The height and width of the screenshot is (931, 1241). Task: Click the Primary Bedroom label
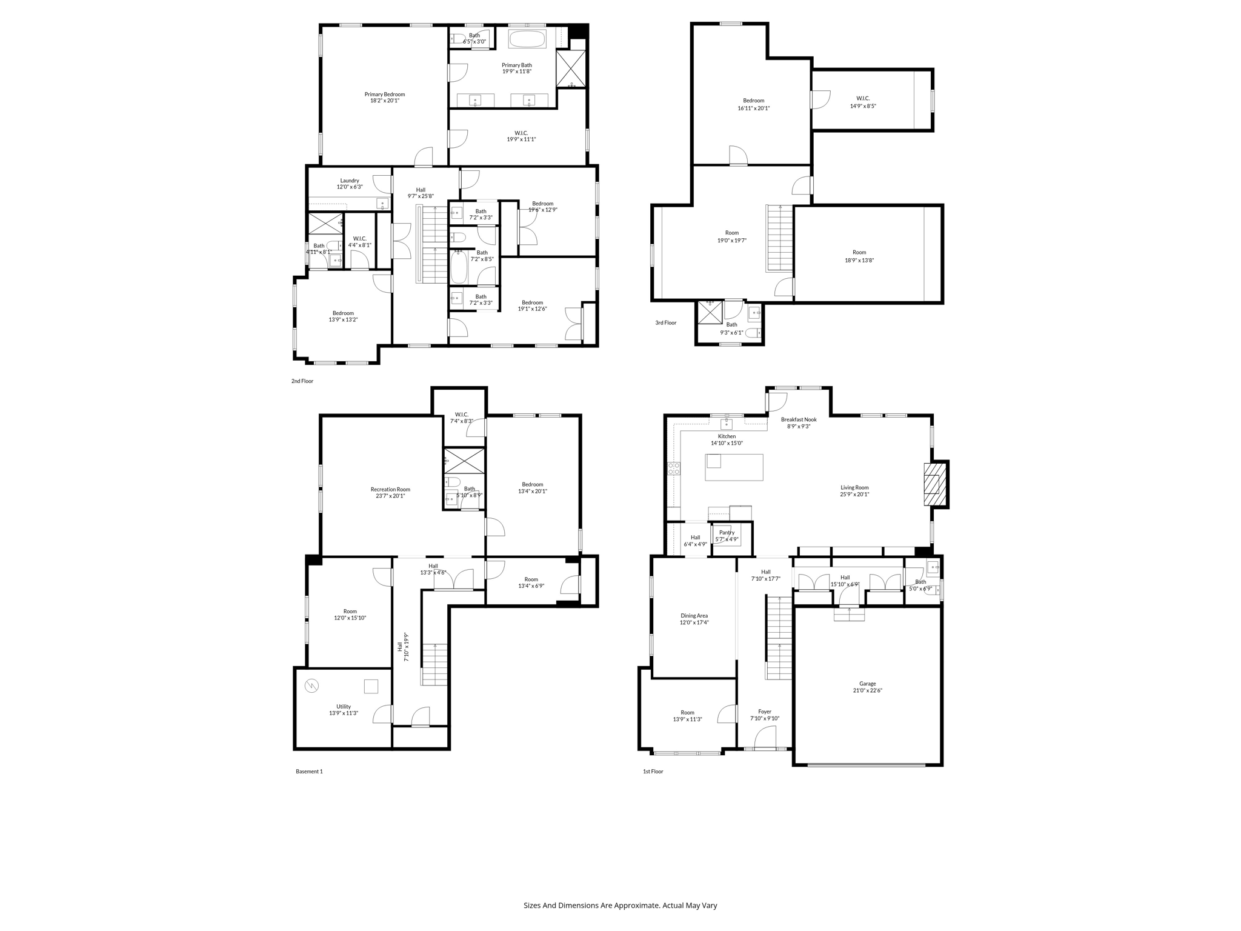384,95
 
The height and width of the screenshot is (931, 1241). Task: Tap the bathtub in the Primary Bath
527,39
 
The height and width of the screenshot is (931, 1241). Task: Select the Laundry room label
350,181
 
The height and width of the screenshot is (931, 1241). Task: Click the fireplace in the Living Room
934,484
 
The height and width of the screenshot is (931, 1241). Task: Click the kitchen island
734,467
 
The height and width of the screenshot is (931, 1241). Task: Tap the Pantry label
727,533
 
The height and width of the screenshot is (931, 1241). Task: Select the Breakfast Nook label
798,419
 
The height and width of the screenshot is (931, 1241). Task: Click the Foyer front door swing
765,738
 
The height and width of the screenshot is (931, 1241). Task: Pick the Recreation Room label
390,489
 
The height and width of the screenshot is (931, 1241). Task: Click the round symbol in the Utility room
311,686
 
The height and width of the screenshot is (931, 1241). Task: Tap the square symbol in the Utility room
371,686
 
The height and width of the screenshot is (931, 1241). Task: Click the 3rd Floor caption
665,322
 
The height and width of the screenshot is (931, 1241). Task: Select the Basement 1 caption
309,772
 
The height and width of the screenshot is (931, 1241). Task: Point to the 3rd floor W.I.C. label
863,98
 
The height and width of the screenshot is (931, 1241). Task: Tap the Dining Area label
694,616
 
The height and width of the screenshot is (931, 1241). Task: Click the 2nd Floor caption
302,381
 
